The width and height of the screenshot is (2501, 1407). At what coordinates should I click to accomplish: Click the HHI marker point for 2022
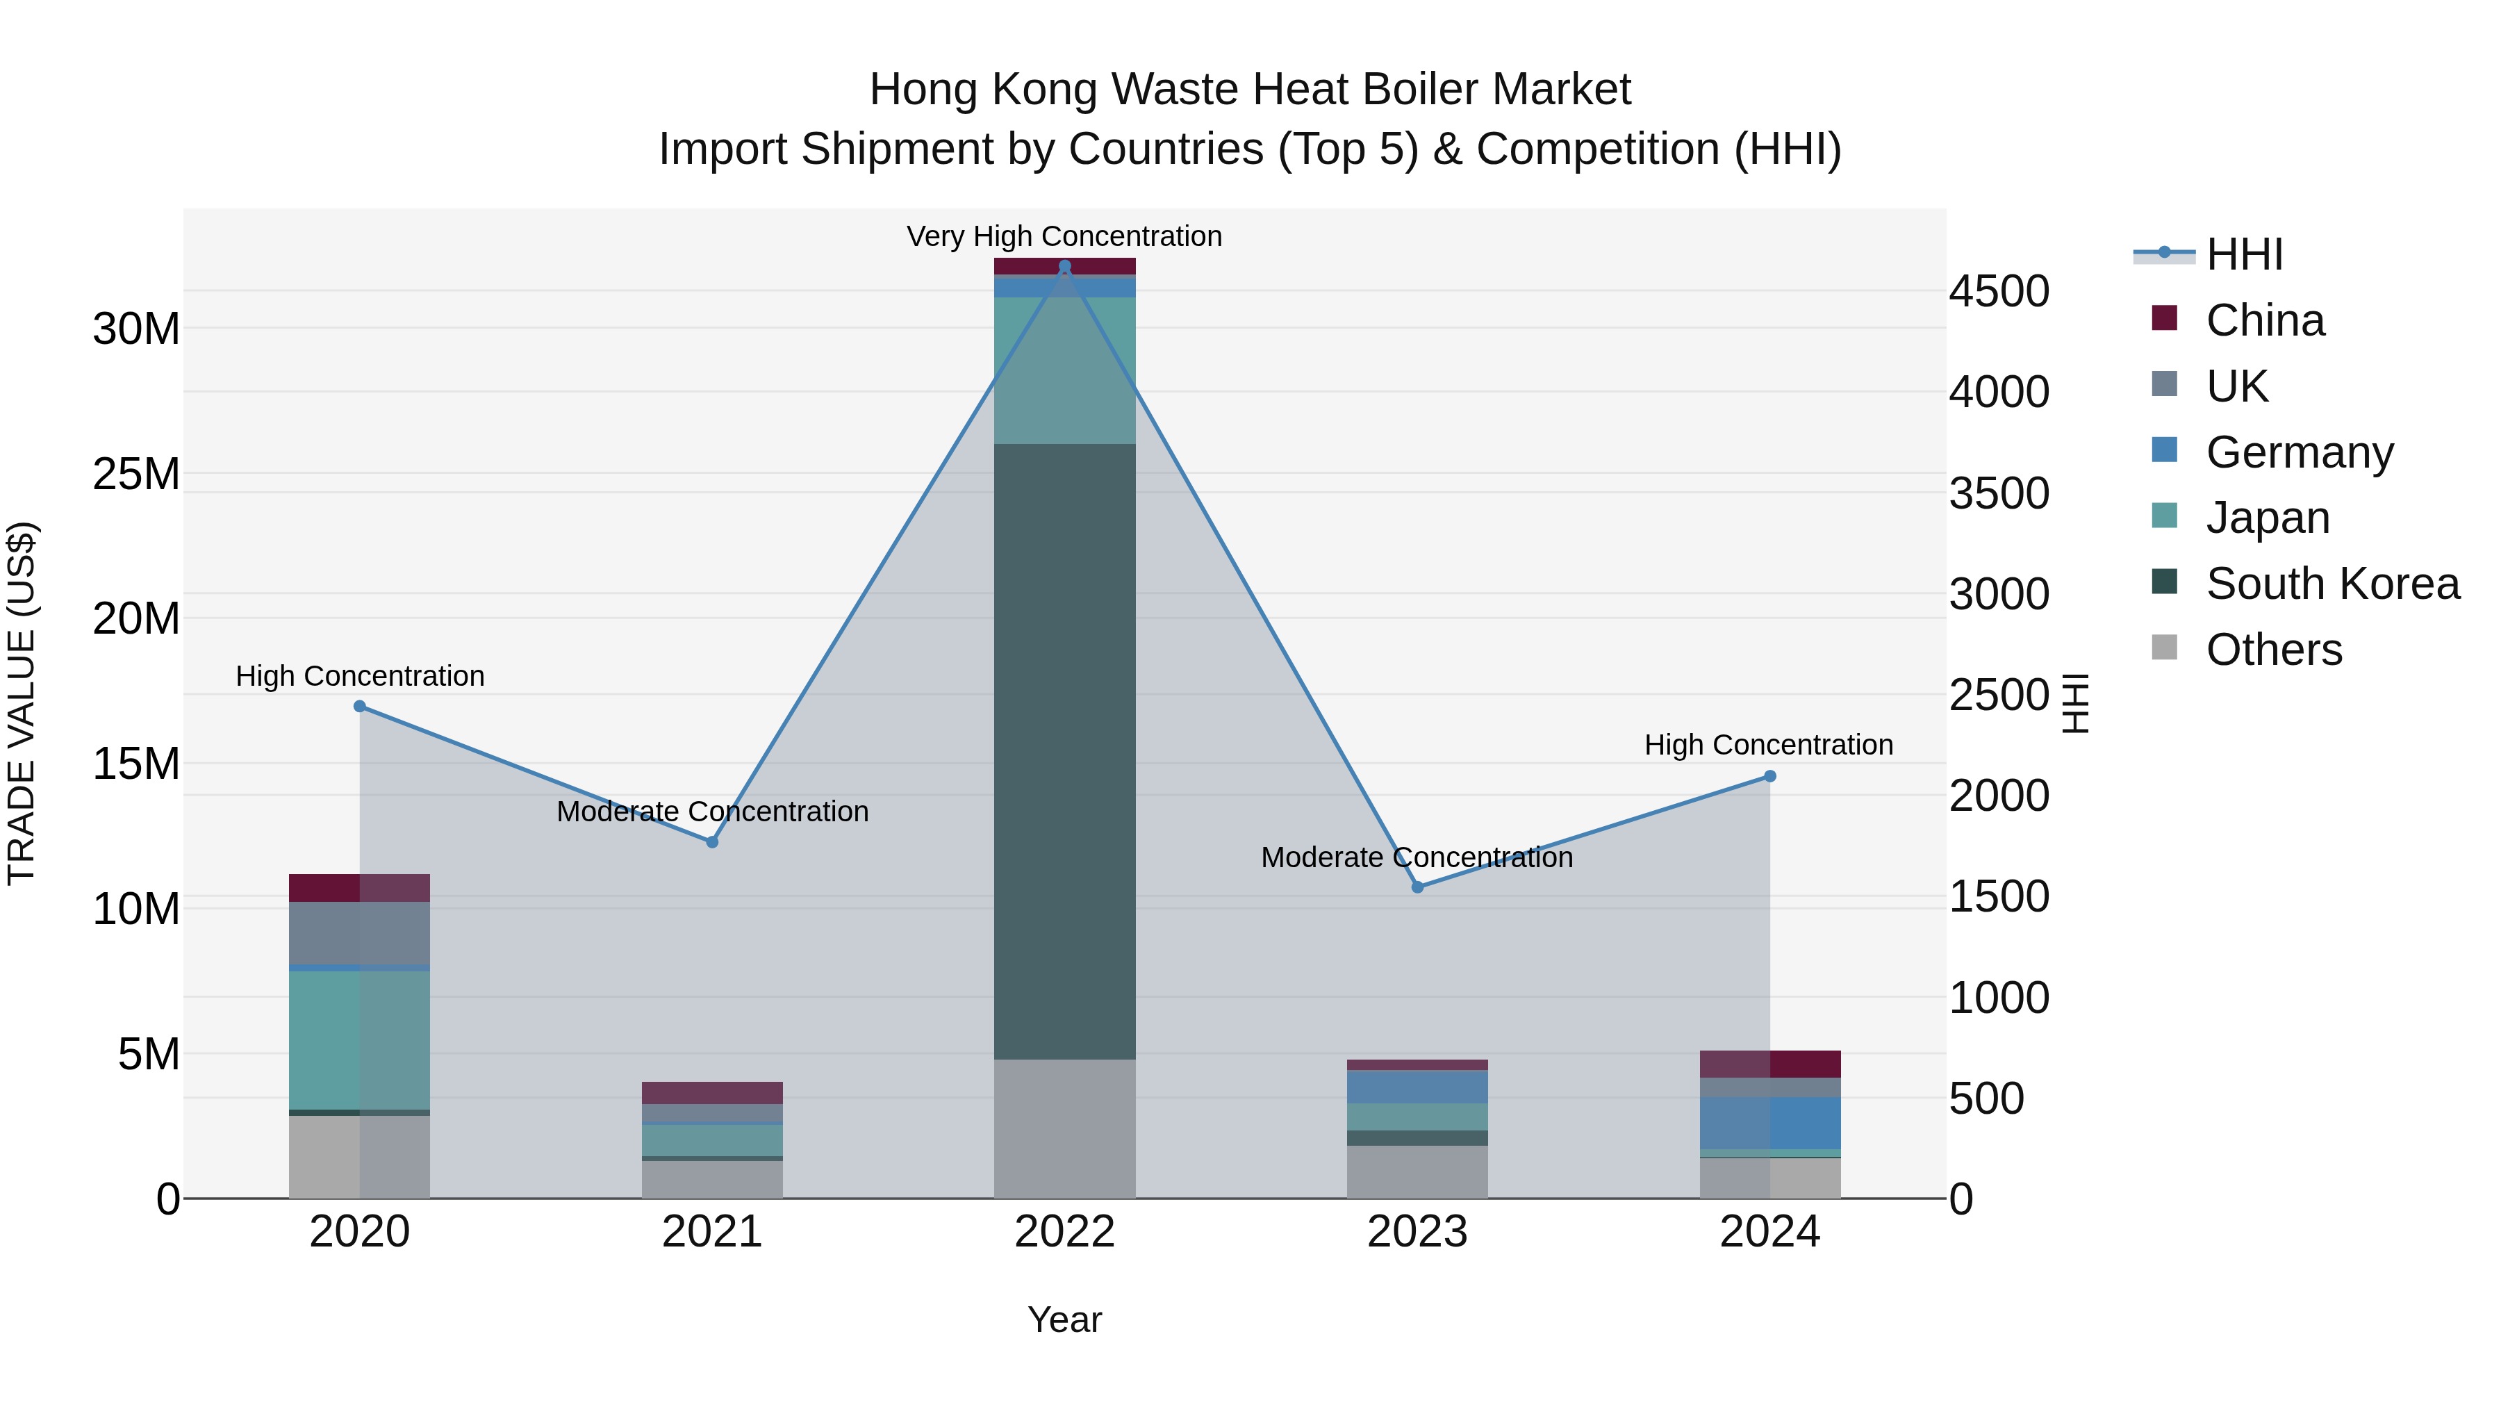1064,266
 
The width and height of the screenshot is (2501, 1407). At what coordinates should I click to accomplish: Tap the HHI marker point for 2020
359,706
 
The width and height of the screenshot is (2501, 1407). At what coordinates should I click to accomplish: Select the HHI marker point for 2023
1417,887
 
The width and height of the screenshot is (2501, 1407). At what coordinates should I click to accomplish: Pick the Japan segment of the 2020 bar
359,1039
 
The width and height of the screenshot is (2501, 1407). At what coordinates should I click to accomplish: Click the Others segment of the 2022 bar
1064,1128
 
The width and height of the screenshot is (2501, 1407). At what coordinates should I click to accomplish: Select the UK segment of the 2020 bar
359,932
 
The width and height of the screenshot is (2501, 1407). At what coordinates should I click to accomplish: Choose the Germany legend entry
2298,452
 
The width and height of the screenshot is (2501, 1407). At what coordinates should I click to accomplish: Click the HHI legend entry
2243,254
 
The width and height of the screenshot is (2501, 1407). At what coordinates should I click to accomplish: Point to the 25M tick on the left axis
136,474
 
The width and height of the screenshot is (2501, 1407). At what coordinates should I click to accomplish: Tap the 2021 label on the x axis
711,1231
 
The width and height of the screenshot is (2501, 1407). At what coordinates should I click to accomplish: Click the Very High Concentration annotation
1064,236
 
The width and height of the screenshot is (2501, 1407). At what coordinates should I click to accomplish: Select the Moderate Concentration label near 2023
1417,857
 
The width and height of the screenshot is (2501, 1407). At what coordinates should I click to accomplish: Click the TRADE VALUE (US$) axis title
22,703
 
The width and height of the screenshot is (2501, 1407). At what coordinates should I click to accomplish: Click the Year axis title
1064,1319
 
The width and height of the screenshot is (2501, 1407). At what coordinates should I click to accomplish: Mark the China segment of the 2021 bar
711,1092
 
